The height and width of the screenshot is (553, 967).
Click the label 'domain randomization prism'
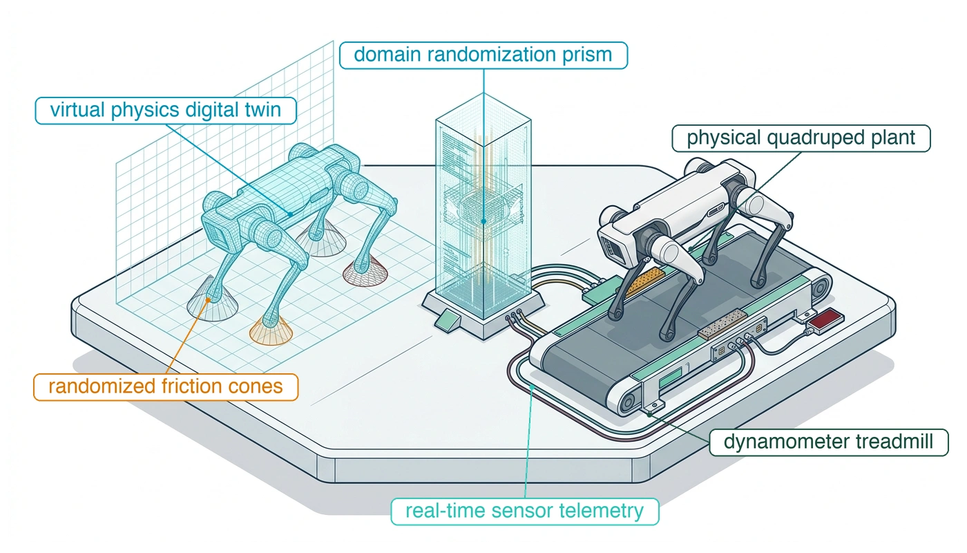coord(483,55)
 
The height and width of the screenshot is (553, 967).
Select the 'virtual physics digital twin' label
coord(165,111)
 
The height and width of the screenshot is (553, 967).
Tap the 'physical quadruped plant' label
coord(801,138)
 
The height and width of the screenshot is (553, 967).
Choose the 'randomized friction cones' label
coord(166,386)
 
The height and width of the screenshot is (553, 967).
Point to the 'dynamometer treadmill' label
coord(828,442)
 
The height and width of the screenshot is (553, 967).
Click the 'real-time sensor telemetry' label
coord(524,511)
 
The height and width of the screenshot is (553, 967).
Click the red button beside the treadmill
coord(826,319)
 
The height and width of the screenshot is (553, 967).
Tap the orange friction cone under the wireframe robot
coord(271,330)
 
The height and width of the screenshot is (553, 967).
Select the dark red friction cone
coord(365,273)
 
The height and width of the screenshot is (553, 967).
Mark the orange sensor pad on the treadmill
coord(643,281)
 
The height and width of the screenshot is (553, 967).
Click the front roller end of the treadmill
coord(629,402)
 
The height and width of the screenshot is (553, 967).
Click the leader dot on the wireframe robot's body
coord(291,214)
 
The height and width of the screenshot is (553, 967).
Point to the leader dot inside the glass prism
coord(484,221)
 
